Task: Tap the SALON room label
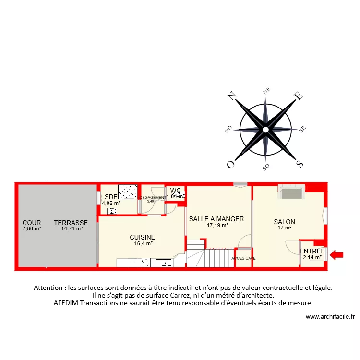(x=284, y=222)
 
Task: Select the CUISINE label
(x=143, y=237)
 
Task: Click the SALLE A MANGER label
(x=216, y=219)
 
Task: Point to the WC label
(x=175, y=191)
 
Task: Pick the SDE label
(x=110, y=196)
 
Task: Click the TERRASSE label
(x=71, y=223)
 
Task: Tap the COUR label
(x=32, y=223)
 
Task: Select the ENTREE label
(x=312, y=251)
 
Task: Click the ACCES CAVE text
(x=243, y=258)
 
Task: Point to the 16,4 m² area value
(x=143, y=243)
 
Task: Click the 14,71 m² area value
(x=72, y=229)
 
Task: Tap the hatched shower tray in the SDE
(x=128, y=192)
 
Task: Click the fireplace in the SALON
(x=290, y=193)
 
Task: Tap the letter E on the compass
(x=298, y=96)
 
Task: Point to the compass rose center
(x=265, y=130)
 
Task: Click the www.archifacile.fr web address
(x=330, y=317)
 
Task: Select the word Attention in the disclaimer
(x=50, y=288)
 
